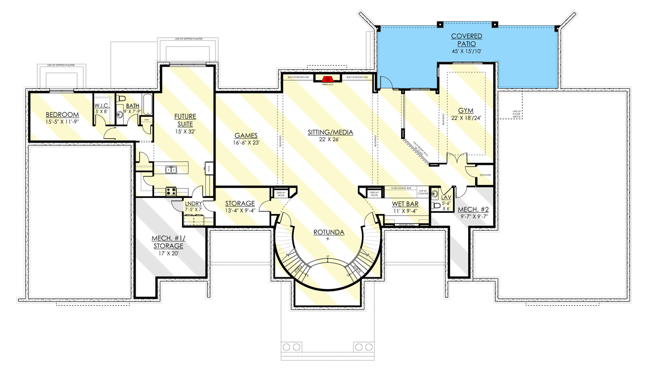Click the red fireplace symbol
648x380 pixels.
(x=327, y=79)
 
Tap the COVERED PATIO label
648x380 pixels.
(x=467, y=40)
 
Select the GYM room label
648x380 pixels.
(x=467, y=110)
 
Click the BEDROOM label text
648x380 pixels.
(x=62, y=115)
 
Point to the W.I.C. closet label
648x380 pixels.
(x=102, y=105)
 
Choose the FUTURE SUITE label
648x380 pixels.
(x=184, y=120)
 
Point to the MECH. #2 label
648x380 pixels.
(x=473, y=210)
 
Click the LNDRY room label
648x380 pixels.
(x=193, y=204)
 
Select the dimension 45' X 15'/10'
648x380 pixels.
(x=467, y=51)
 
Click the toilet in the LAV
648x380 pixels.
(x=437, y=206)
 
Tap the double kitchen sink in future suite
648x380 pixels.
(x=173, y=170)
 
